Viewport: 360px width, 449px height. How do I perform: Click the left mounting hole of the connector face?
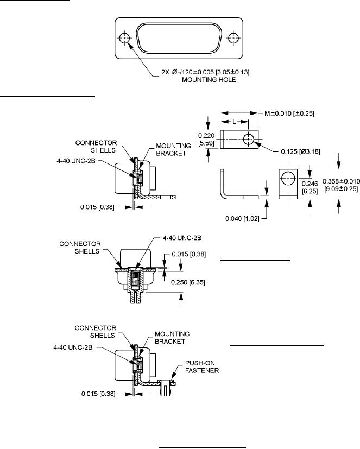tap(124, 38)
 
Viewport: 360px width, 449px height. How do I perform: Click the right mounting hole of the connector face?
tap(233, 38)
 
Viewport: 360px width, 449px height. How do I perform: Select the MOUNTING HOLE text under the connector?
tap(209, 80)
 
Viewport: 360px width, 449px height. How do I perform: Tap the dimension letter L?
tap(234, 122)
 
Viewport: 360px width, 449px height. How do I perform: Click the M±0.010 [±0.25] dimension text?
tap(289, 113)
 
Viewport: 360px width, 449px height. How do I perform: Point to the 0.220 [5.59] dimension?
tap(206, 139)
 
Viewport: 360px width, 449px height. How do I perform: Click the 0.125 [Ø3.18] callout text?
tap(300, 151)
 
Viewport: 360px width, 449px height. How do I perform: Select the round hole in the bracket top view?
tap(248, 139)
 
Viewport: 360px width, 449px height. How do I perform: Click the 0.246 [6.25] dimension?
tap(310, 187)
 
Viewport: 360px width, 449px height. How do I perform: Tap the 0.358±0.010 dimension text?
tap(341, 181)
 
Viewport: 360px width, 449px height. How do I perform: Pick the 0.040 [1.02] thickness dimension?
tap(242, 219)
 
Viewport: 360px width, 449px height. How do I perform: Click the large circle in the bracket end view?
tap(288, 179)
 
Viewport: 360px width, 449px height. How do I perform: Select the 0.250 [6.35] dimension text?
tap(188, 282)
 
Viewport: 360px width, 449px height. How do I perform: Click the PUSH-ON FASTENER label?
tap(202, 367)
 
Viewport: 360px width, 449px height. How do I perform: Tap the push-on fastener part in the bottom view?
tap(166, 387)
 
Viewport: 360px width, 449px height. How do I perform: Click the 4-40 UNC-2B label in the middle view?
tap(182, 238)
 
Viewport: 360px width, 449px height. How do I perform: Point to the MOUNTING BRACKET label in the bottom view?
tap(172, 338)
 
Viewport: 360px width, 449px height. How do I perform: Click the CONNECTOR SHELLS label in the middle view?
tap(80, 248)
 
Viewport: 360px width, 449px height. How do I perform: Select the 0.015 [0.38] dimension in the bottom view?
tap(98, 394)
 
